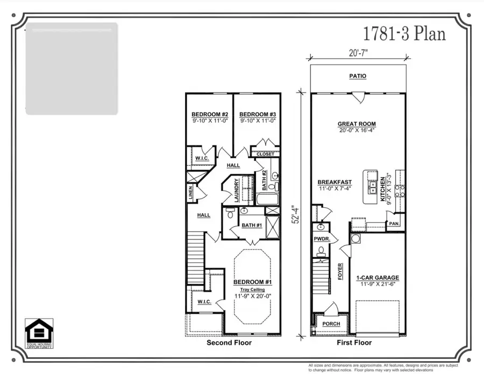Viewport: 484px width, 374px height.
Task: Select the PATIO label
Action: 358,76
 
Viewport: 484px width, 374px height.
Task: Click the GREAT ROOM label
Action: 358,123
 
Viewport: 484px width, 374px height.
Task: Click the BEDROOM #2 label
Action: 210,115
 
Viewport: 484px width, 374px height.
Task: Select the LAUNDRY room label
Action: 237,190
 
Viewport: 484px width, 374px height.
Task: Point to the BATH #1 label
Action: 251,225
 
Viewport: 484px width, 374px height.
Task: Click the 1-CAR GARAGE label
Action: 378,278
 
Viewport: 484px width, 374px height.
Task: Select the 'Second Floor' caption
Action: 230,343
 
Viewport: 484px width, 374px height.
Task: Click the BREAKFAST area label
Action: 334,182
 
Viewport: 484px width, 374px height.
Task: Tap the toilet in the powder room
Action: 321,251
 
